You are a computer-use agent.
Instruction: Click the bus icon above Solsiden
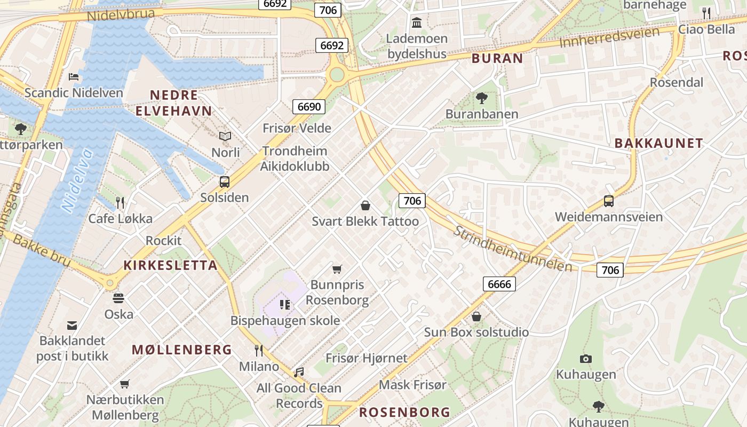(225, 182)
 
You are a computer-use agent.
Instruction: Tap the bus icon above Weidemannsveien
(609, 201)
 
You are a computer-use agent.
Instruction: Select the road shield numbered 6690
(309, 107)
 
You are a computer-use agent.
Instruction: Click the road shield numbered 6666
(499, 284)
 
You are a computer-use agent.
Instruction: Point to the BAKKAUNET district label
(658, 143)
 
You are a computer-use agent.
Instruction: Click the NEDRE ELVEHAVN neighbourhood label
(173, 103)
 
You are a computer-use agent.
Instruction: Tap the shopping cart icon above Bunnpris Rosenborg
(337, 269)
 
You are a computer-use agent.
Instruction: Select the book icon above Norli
(225, 137)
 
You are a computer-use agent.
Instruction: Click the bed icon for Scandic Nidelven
(74, 77)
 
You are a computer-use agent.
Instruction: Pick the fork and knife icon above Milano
(259, 351)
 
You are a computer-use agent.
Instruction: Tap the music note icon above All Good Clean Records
(299, 372)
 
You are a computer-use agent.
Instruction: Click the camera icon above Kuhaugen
(586, 359)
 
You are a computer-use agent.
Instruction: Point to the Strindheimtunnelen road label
(512, 248)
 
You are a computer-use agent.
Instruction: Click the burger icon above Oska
(118, 298)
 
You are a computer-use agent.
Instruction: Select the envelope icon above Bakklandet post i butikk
(72, 325)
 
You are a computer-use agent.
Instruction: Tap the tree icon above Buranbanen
(481, 98)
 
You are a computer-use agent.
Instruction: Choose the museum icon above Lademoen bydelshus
(417, 23)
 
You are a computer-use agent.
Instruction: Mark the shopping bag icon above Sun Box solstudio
(476, 317)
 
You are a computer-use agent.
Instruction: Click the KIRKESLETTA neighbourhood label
(170, 265)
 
